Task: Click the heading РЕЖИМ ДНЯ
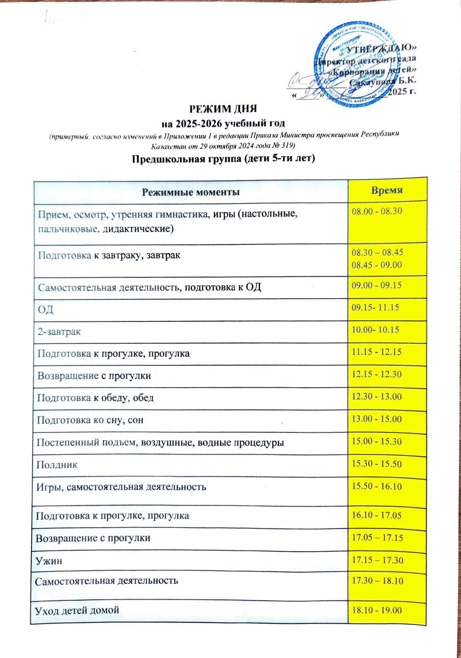[x=223, y=109]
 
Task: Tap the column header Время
[x=387, y=190]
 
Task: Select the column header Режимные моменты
[x=191, y=192]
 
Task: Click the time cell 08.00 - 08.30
[x=377, y=211]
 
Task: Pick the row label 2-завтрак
[x=59, y=331]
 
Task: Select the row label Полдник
[x=57, y=465]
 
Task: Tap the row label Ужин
[x=49, y=561]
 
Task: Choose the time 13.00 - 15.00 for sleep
[x=376, y=419]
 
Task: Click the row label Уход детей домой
[x=77, y=610]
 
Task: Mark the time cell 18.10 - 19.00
[x=376, y=611]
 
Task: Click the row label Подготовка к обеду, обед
[x=95, y=398]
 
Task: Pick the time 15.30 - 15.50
[x=376, y=464]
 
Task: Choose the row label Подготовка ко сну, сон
[x=90, y=420]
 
